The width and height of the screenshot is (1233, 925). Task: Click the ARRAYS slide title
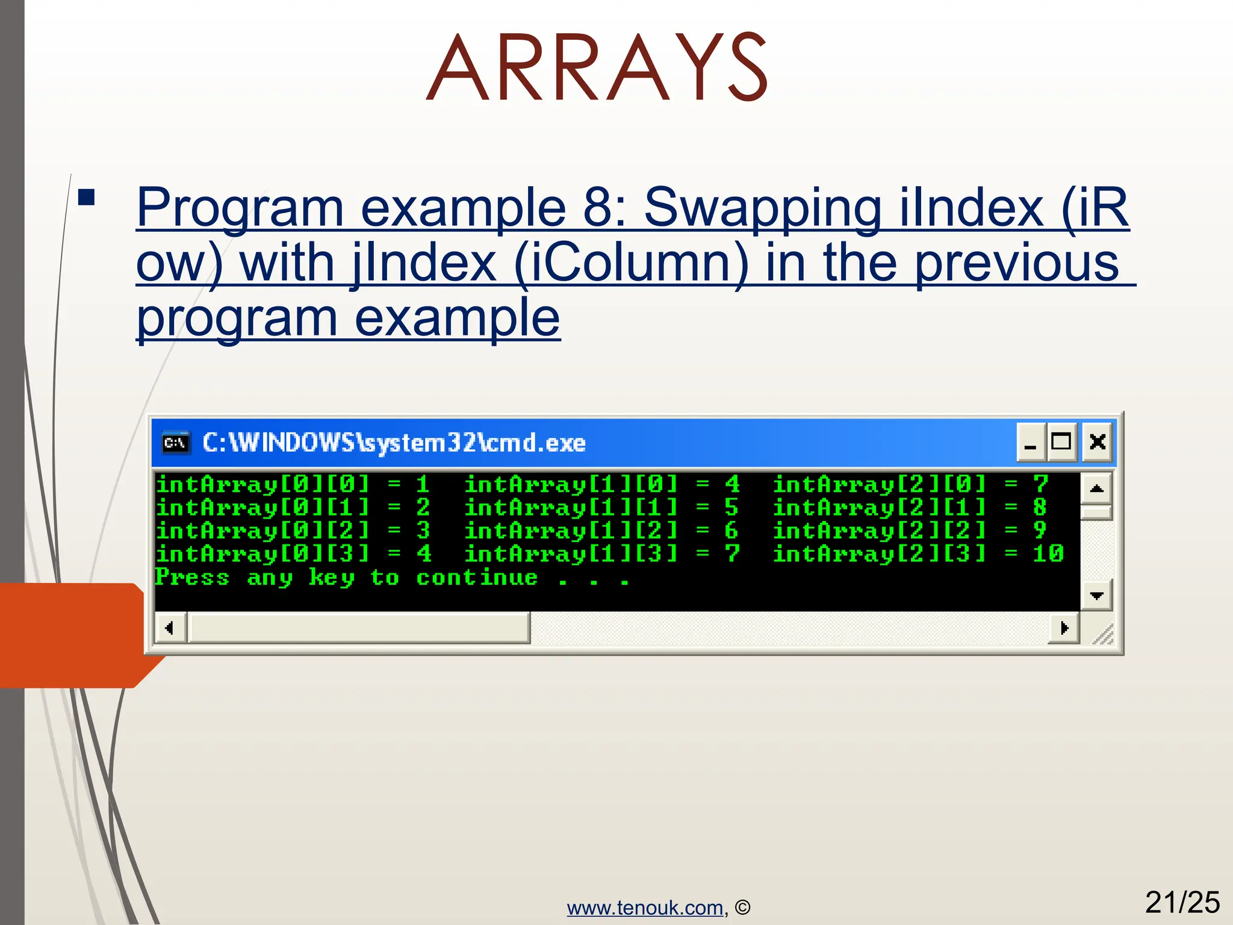[596, 67]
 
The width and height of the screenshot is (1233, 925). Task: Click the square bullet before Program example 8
[87, 198]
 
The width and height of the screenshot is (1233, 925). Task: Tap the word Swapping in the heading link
[762, 207]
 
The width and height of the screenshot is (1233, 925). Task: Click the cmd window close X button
[1097, 442]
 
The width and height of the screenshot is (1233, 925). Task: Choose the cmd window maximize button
[1061, 442]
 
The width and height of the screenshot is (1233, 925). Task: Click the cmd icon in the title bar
[176, 443]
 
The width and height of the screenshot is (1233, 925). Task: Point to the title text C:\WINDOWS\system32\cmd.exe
[394, 443]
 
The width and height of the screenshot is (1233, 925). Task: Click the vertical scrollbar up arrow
[1096, 488]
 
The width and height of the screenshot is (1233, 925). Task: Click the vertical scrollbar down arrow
[1096, 596]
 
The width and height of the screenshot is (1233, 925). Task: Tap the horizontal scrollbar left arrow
[170, 628]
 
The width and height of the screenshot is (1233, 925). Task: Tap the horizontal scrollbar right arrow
[1064, 628]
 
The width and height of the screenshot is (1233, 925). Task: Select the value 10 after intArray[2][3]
[1048, 553]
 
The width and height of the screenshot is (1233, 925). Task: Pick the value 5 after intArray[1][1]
[731, 508]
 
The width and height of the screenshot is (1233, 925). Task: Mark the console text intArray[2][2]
[880, 531]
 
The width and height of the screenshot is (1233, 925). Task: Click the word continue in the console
[477, 578]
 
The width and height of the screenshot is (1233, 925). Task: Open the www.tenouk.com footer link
[645, 908]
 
